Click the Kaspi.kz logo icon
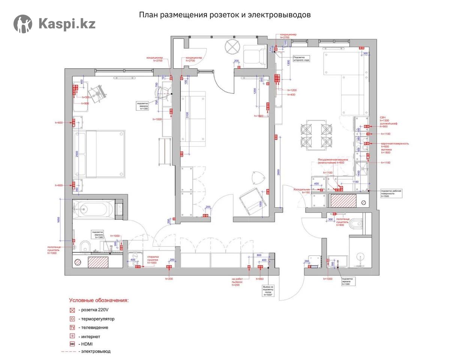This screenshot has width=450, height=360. tap(23, 24)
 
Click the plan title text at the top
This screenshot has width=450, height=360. tap(225, 15)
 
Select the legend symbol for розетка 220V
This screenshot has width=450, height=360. tap(72, 310)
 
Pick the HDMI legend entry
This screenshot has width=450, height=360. tap(87, 344)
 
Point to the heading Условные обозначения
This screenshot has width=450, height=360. tap(99, 300)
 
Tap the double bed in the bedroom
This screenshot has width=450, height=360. tap(99, 154)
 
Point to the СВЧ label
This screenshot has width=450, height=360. tap(383, 117)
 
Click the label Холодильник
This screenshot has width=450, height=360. tap(302, 190)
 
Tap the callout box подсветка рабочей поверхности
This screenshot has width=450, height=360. tap(391, 193)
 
